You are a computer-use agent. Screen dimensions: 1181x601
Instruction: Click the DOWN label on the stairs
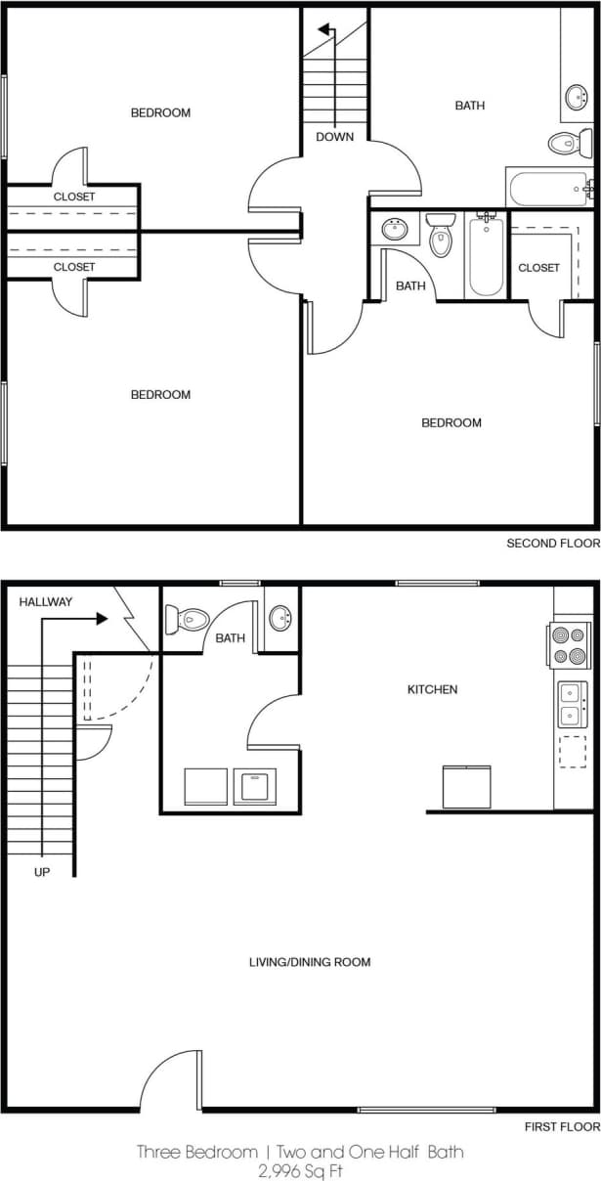pyautogui.click(x=334, y=137)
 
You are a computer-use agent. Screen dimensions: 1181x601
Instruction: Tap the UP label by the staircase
pyautogui.click(x=42, y=872)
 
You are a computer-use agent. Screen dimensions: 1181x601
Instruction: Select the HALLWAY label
pyautogui.click(x=46, y=602)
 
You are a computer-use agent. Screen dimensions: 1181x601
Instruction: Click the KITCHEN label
pyautogui.click(x=432, y=690)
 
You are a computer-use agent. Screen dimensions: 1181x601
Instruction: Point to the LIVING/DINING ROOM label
pyautogui.click(x=310, y=962)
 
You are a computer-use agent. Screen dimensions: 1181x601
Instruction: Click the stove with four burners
pyautogui.click(x=569, y=645)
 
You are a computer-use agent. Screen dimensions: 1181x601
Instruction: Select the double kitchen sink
pyautogui.click(x=571, y=704)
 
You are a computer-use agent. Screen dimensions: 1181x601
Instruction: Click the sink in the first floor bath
pyautogui.click(x=279, y=619)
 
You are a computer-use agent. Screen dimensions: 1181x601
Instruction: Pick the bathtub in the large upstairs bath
pyautogui.click(x=548, y=187)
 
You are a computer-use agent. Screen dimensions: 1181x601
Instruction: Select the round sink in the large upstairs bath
pyautogui.click(x=577, y=98)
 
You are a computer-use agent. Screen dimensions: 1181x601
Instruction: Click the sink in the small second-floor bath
pyautogui.click(x=395, y=230)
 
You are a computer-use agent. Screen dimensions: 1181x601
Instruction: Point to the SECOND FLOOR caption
pyautogui.click(x=552, y=544)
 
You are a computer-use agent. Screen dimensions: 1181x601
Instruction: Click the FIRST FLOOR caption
pyautogui.click(x=561, y=1127)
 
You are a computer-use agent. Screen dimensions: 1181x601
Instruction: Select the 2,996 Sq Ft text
pyautogui.click(x=300, y=1169)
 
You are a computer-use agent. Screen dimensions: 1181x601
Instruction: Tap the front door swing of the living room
pyautogui.click(x=172, y=1082)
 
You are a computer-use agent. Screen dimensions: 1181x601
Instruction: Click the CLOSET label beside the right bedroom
pyautogui.click(x=538, y=268)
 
